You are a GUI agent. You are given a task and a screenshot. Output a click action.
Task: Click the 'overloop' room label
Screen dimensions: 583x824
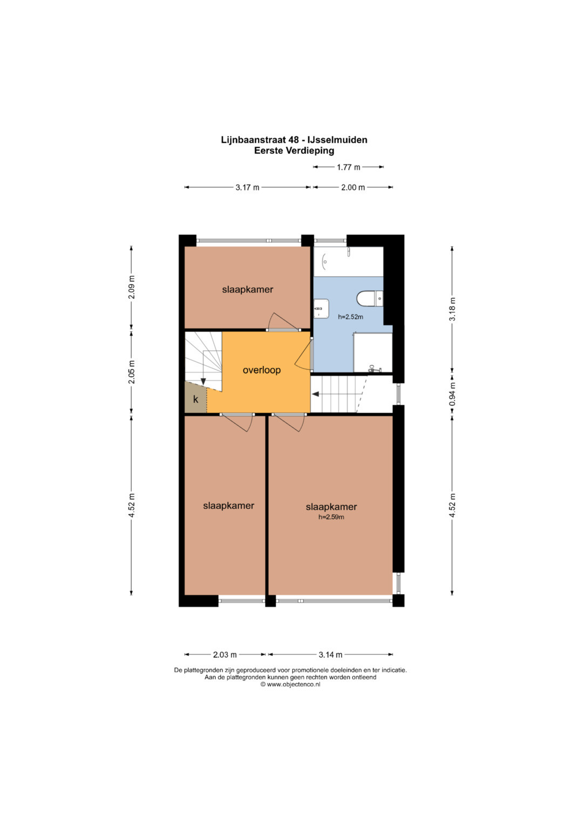(261, 370)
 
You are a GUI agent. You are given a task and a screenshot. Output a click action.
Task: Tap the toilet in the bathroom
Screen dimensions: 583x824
(370, 298)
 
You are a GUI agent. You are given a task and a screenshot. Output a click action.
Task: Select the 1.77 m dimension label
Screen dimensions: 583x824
(348, 167)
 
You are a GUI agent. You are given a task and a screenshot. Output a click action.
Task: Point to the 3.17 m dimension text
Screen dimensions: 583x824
(247, 187)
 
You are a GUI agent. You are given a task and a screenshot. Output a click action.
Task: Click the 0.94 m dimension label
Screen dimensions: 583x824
(452, 394)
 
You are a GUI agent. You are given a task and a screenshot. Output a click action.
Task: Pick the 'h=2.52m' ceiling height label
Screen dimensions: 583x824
(350, 317)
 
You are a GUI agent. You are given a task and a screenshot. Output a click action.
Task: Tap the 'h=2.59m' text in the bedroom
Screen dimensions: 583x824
(331, 517)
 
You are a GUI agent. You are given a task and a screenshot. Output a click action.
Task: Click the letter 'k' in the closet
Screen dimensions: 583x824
(196, 399)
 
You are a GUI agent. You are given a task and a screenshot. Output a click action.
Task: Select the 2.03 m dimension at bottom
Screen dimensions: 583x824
(225, 655)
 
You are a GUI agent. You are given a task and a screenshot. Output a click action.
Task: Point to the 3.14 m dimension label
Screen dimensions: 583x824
(330, 655)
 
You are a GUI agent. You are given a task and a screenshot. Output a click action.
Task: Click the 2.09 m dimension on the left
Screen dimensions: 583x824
(132, 287)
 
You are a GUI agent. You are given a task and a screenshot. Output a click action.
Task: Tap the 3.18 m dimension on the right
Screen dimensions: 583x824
(452, 309)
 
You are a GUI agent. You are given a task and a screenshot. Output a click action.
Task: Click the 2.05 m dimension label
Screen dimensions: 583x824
(132, 372)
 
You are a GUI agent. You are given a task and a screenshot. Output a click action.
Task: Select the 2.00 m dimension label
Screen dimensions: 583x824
(353, 187)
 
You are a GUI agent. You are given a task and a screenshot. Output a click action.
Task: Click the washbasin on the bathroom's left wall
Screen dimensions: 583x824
(321, 308)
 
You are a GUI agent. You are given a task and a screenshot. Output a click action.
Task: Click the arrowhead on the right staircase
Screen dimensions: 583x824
(315, 394)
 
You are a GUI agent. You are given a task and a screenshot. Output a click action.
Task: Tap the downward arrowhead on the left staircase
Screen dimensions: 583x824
(203, 382)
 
